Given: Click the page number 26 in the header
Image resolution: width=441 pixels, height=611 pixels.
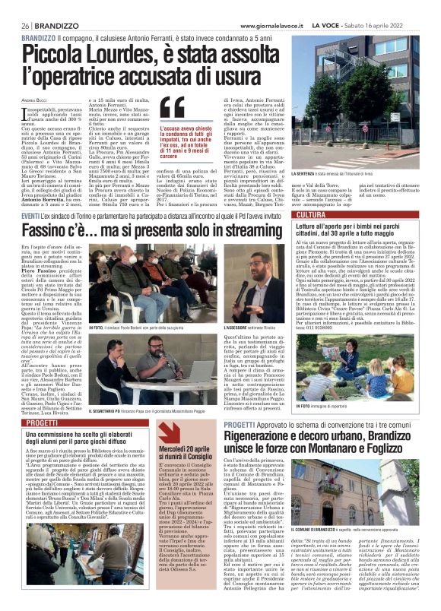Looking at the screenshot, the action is point(26,25).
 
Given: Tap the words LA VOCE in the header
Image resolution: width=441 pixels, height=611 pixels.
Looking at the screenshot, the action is point(347,25).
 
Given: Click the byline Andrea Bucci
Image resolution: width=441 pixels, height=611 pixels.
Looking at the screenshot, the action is point(34,100).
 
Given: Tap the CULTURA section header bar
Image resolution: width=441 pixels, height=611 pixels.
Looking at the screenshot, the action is point(367,216).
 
